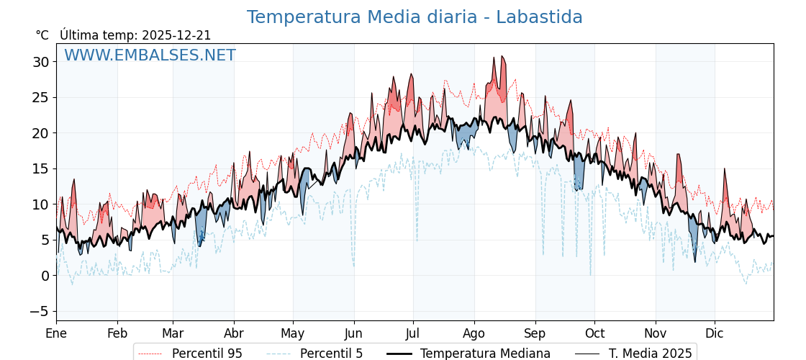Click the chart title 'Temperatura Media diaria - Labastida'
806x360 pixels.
pyautogui.click(x=414, y=17)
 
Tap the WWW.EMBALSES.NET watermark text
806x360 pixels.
pyautogui.click(x=150, y=55)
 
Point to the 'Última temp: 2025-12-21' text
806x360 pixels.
pyautogui.click(x=135, y=35)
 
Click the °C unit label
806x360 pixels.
pyautogui.click(x=42, y=35)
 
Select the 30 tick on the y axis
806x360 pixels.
pyautogui.click(x=41, y=62)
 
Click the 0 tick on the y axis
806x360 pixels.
pyautogui.click(x=45, y=276)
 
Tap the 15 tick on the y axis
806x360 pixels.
pyautogui.click(x=41, y=168)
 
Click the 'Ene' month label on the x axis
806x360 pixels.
pyautogui.click(x=56, y=333)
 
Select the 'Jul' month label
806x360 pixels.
pyautogui.click(x=413, y=333)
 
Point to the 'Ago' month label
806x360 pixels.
pyautogui.click(x=474, y=333)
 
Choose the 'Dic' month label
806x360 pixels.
pyautogui.click(x=715, y=333)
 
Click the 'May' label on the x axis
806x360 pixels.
pyautogui.click(x=293, y=333)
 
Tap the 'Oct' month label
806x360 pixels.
pyautogui.click(x=594, y=333)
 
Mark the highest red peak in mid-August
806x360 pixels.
pyautogui.click(x=502, y=56)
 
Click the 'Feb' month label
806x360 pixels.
pyautogui.click(x=117, y=333)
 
